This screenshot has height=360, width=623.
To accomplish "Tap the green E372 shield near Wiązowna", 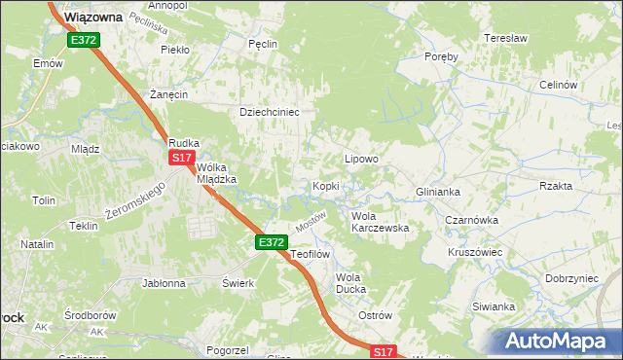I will (83, 40).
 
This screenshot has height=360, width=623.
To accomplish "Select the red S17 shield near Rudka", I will (181, 157).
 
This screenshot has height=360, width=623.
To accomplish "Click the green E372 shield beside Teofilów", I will (272, 242).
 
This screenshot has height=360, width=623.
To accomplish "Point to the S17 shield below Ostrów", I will (385, 351).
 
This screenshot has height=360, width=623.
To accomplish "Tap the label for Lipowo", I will (361, 158).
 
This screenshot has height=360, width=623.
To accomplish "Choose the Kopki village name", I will (324, 185).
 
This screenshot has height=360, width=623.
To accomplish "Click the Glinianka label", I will (437, 192).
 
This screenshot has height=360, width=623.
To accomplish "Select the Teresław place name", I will (505, 39).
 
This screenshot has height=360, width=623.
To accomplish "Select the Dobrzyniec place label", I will (571, 277).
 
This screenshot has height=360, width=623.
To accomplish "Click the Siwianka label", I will (494, 306).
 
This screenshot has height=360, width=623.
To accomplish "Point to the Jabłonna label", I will (164, 284).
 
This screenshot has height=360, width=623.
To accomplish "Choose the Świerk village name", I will (238, 283).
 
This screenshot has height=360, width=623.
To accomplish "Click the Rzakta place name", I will (556, 185).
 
